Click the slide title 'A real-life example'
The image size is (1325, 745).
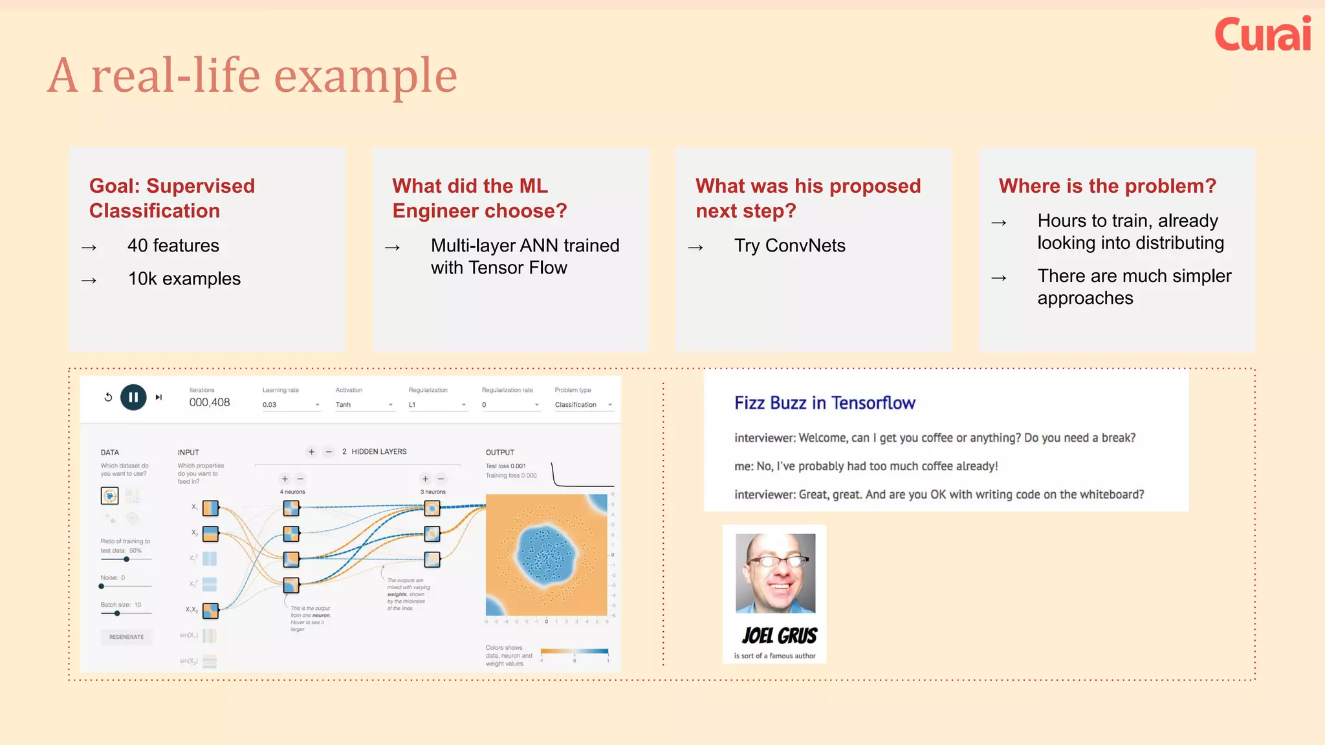252,76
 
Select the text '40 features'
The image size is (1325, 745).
173,246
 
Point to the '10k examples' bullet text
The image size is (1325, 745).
184,279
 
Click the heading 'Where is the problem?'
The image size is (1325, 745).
1107,186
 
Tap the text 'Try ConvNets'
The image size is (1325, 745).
789,246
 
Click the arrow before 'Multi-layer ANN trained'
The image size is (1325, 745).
392,248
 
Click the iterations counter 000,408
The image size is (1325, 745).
209,402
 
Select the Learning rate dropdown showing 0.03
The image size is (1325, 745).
290,405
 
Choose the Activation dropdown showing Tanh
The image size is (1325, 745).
364,405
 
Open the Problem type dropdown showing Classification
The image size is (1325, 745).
583,405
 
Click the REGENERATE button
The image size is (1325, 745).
127,637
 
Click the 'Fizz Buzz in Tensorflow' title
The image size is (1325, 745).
824,403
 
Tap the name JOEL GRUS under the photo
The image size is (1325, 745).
779,636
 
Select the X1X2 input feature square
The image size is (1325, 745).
210,610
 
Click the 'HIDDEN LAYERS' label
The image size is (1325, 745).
378,451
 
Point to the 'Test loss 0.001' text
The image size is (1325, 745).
505,466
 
